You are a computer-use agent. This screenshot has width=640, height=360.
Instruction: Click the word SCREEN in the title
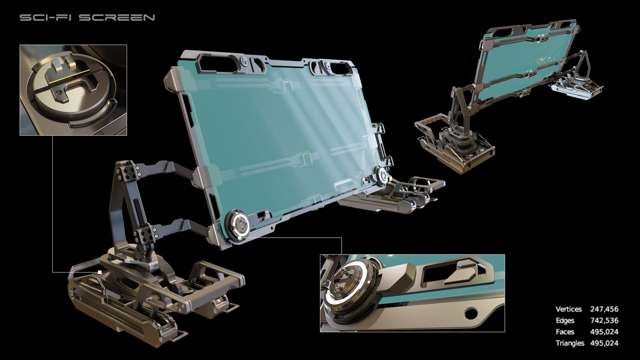[x=117, y=17]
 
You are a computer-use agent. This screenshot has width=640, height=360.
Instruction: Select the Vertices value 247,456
[x=604, y=309]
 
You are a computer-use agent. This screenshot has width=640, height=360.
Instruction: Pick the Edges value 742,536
[x=604, y=321]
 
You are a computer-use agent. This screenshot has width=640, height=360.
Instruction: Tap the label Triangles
[x=570, y=343]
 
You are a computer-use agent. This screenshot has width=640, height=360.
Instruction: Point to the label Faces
[x=565, y=332]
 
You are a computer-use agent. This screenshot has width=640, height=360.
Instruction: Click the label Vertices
[x=569, y=309]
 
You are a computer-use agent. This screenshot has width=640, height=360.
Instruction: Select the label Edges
[x=565, y=321]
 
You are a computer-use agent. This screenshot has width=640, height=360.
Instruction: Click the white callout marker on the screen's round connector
[x=240, y=237]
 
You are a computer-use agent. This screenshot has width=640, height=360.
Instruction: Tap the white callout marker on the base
[x=100, y=272]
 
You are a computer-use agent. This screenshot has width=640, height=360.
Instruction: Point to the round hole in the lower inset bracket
[x=471, y=313]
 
